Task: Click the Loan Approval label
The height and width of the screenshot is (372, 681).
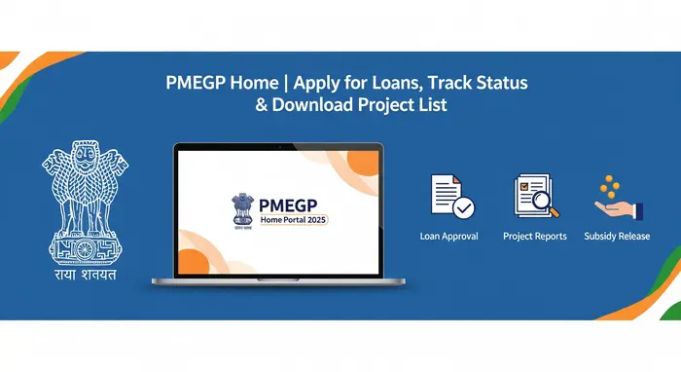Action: pyautogui.click(x=448, y=237)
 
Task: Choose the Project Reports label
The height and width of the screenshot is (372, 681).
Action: pyautogui.click(x=534, y=237)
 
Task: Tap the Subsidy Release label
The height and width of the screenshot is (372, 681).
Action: pyautogui.click(x=617, y=237)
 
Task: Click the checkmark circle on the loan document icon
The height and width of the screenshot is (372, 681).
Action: pyautogui.click(x=464, y=206)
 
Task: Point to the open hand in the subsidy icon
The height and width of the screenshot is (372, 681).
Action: pyautogui.click(x=618, y=207)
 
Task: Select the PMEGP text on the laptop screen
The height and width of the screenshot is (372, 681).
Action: pyautogui.click(x=291, y=203)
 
